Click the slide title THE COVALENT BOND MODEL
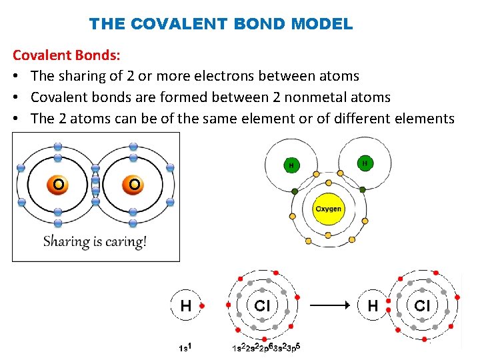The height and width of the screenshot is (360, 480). coord(221,25)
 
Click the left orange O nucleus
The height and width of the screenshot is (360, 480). coord(59,183)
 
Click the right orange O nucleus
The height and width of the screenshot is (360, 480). coord(135,183)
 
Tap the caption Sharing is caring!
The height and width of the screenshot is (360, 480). coord(95,241)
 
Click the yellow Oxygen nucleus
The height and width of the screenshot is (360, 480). coord(328,209)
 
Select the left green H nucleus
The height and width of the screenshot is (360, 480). coord(291,165)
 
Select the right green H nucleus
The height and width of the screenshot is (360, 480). coord(365,163)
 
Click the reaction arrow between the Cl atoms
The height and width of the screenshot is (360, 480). coord(331,305)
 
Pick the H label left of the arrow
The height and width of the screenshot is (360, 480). coord(187,306)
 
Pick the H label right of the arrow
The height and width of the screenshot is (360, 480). coord(373,306)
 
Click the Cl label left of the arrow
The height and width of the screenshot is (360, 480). coord(262,306)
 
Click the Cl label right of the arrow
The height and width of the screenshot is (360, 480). coord(423,306)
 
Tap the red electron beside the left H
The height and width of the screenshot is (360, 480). coord(203,306)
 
